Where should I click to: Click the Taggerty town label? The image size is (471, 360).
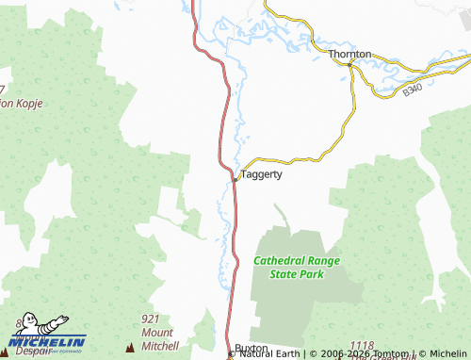(x=261, y=174)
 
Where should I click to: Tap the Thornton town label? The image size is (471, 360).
(x=349, y=55)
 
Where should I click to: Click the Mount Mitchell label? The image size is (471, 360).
(x=159, y=339)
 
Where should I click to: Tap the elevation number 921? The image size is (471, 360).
(x=152, y=319)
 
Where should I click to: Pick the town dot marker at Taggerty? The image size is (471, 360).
(x=234, y=176)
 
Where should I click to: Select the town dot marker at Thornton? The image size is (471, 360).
(x=350, y=64)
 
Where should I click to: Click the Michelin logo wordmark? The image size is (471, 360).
(x=47, y=341)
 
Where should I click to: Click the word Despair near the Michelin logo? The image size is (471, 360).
(x=32, y=350)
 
